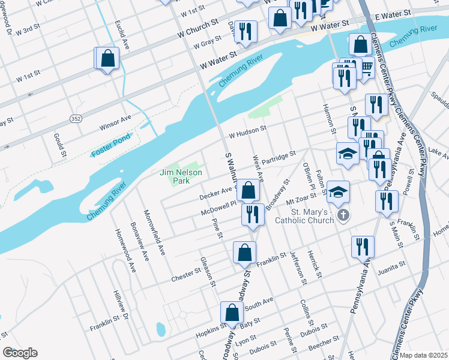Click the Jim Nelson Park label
pyautogui.click(x=181, y=176)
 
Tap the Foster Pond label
pyautogui.click(x=112, y=149)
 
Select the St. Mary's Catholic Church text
pyautogui.click(x=304, y=217)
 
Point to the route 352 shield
pyautogui.click(x=75, y=119)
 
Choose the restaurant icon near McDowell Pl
pyautogui.click(x=253, y=214)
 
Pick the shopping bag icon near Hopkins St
pyautogui.click(x=232, y=313)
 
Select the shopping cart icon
pyautogui.click(x=365, y=68)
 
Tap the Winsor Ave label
pyautogui.click(x=115, y=121)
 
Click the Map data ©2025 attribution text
pyautogui.click(x=423, y=355)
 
